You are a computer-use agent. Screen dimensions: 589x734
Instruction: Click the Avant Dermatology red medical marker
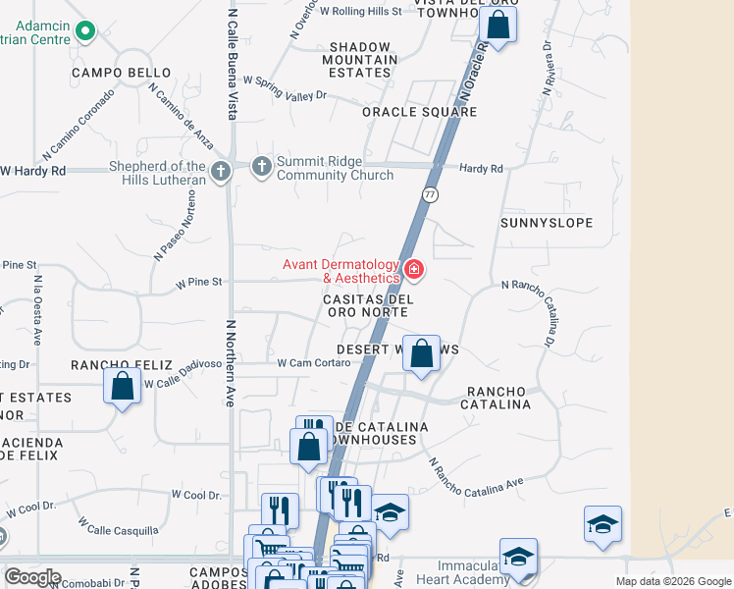(413, 269)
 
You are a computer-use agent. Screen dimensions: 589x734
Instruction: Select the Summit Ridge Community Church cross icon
(261, 167)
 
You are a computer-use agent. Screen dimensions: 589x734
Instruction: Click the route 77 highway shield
(430, 195)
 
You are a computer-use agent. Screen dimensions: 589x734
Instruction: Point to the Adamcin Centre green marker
(85, 32)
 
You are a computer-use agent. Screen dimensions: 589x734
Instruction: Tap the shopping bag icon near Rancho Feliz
(122, 385)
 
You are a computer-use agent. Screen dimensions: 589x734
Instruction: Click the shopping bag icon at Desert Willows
(421, 353)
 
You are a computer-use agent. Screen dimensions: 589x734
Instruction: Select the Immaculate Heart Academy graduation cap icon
(518, 557)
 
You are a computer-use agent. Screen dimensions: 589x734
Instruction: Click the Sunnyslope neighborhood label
(547, 223)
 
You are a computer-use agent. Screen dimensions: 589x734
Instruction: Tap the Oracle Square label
(419, 112)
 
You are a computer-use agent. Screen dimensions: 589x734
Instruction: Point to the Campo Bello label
(121, 73)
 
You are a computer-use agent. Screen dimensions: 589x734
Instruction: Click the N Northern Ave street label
(232, 349)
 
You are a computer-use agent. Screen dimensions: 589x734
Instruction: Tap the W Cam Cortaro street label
(314, 362)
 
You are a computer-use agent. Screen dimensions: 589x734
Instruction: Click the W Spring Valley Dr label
(284, 88)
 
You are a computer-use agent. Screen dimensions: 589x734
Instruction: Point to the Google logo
(32, 577)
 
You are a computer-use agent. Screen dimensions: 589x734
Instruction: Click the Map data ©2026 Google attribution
(673, 581)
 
